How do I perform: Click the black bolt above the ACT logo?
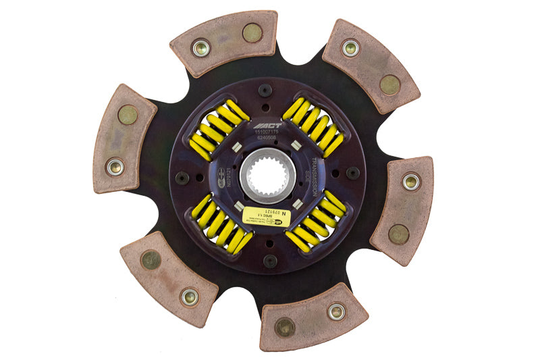click(265, 89)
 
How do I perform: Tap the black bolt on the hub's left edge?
click(182, 177)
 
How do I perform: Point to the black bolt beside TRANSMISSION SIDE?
click(352, 172)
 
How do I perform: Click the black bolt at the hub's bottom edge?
click(270, 261)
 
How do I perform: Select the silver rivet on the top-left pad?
click(201, 48)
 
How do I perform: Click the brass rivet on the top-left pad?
click(251, 32)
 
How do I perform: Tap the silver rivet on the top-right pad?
click(350, 47)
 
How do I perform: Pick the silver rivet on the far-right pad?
click(411, 181)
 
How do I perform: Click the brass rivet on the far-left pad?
click(128, 115)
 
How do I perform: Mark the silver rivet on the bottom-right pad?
click(335, 311)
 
